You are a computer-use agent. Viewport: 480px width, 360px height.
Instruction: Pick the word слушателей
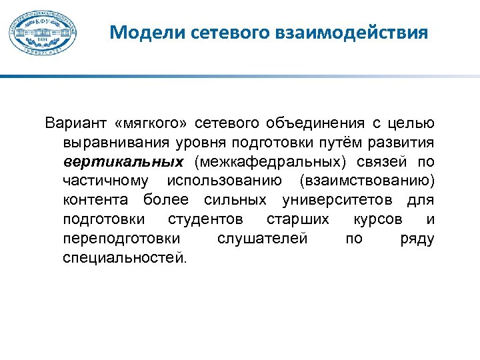tap(263, 238)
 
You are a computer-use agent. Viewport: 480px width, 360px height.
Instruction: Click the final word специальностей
tap(125, 257)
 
